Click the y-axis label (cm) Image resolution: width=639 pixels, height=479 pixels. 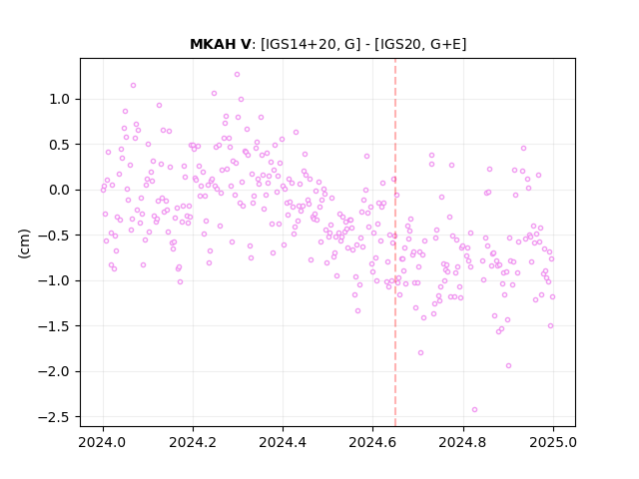coord(24,243)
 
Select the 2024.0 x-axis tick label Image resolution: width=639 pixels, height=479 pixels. coord(103,442)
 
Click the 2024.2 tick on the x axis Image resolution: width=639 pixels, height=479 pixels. coord(193,442)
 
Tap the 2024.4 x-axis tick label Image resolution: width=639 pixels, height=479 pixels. coord(283,442)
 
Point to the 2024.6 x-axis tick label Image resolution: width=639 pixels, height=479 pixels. coord(372,442)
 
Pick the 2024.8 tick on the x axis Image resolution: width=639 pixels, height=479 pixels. coord(462,442)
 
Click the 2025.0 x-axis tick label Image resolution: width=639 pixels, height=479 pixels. coord(553,442)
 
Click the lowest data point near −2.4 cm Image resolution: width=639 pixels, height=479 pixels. coord(474,410)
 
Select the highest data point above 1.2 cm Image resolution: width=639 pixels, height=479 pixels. coord(237,75)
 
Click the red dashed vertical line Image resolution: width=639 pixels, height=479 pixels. coord(395,242)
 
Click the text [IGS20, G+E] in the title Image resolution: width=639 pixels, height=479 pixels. coord(420,44)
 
